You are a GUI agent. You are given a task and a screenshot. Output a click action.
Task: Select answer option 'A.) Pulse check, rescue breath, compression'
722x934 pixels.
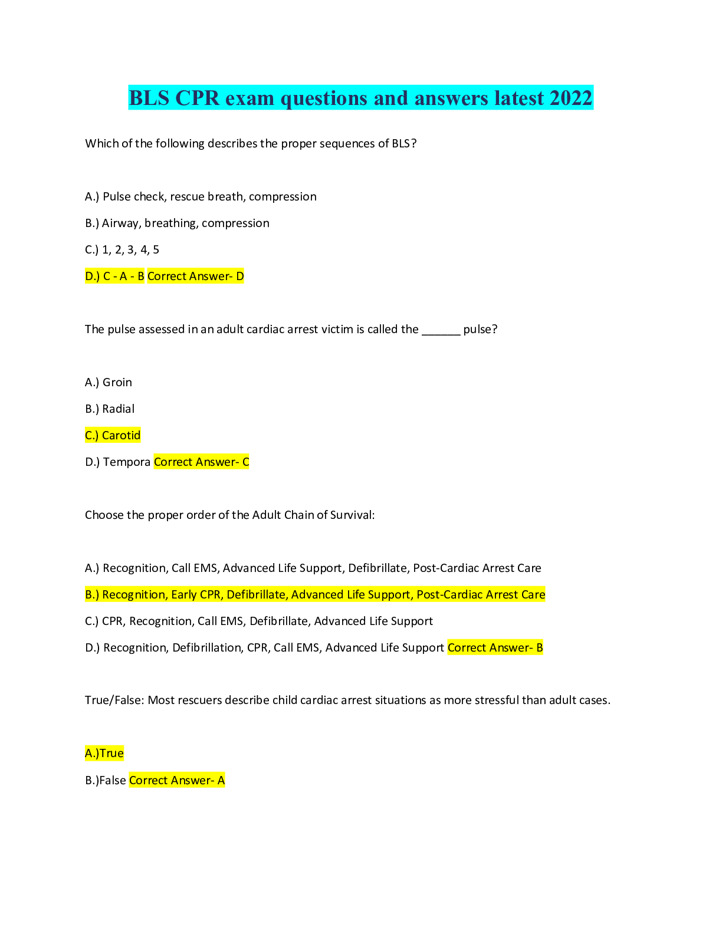(201, 197)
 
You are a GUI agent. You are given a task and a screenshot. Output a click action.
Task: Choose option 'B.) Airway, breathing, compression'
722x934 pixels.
(177, 223)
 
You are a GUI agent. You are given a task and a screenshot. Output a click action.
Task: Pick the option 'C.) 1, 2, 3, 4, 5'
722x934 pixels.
(122, 250)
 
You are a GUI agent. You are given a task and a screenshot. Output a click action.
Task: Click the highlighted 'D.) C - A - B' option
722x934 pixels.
(114, 277)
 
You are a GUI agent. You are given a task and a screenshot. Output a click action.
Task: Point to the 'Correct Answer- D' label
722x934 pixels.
(195, 277)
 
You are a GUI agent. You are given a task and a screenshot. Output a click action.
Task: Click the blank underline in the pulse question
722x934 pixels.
(441, 330)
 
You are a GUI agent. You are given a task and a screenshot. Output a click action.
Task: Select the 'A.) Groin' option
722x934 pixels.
(109, 383)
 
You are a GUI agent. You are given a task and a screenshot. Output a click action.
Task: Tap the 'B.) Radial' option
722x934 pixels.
(110, 409)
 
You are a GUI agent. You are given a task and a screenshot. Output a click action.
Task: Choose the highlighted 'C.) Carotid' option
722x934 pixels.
(113, 436)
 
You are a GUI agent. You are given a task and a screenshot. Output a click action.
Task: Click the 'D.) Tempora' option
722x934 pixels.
(117, 462)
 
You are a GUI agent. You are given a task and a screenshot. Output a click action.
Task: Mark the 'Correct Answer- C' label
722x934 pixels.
(201, 462)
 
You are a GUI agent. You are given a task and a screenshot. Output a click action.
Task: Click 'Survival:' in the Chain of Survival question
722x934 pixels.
(352, 515)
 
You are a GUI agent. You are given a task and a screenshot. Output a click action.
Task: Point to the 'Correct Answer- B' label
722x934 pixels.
(495, 648)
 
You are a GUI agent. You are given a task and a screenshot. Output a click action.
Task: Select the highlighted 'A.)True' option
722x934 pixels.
(104, 754)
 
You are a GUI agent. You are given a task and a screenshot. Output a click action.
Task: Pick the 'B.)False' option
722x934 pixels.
(106, 781)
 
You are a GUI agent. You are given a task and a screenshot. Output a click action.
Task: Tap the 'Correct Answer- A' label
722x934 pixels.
(176, 781)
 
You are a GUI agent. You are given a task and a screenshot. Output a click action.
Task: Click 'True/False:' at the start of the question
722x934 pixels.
(114, 700)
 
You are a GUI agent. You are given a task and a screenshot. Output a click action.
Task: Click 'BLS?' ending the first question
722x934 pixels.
(404, 144)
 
